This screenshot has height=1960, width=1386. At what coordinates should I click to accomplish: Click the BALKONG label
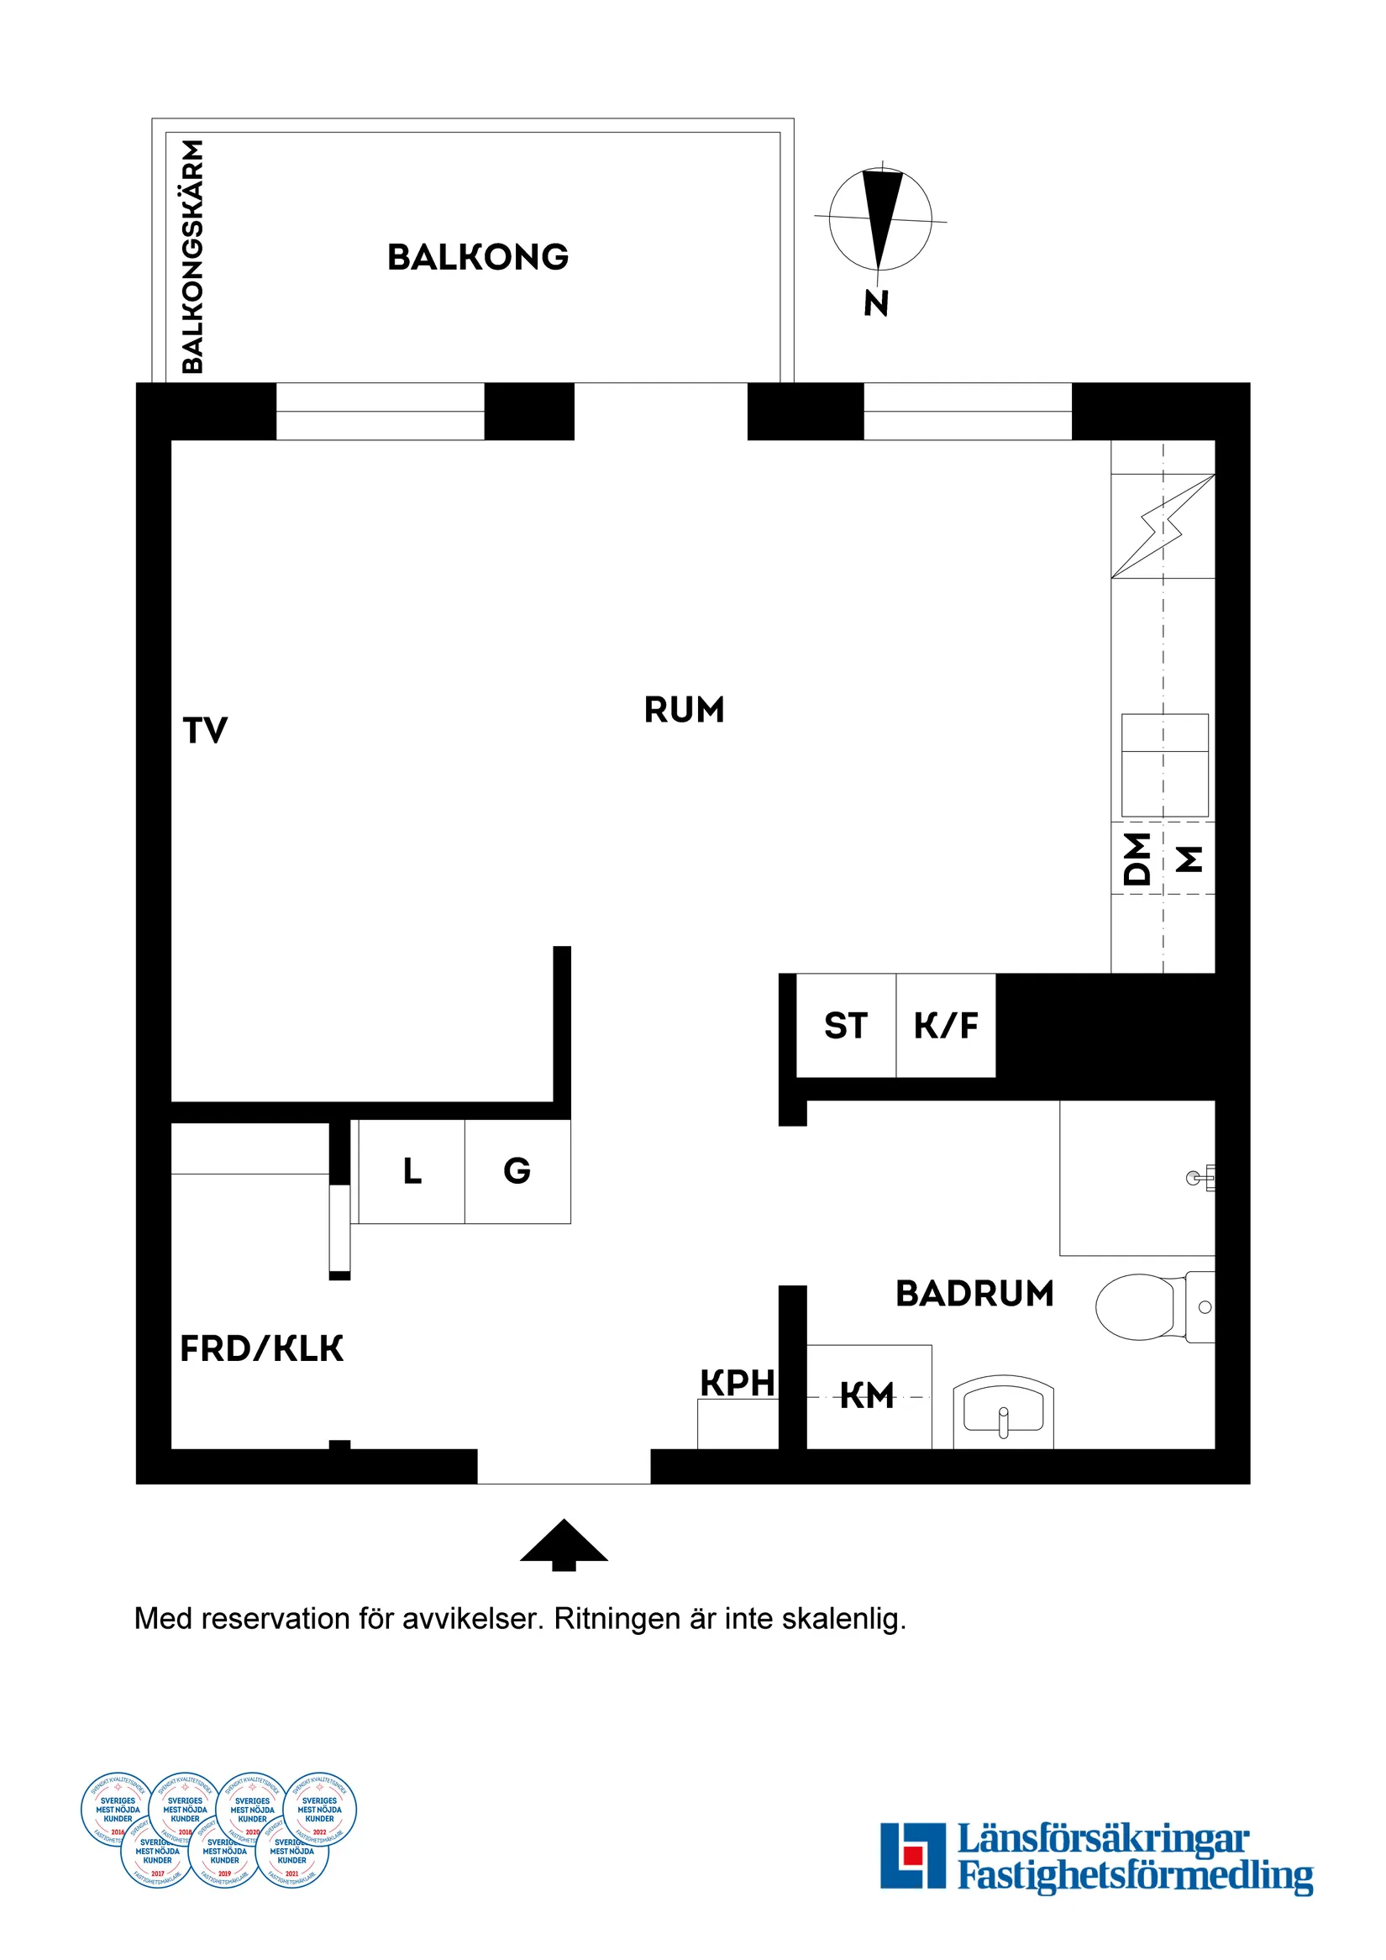478,257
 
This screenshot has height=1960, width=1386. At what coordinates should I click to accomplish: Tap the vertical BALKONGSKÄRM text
194,256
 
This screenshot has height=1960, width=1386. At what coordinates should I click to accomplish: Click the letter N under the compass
876,303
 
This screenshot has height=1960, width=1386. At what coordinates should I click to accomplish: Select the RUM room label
684,709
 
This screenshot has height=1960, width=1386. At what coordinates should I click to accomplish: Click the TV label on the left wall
205,731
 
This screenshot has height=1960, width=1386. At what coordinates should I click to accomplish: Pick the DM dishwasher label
1137,858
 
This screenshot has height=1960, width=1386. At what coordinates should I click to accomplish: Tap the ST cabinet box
846,1025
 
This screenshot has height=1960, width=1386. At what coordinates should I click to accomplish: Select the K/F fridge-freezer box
946,1025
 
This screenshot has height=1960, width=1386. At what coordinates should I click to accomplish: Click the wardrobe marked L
412,1171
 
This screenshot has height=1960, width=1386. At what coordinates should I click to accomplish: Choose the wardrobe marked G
517,1171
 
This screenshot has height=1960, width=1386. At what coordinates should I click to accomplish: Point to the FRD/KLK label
261,1348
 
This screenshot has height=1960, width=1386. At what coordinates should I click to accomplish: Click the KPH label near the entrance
738,1383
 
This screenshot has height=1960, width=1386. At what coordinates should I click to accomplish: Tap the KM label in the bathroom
867,1395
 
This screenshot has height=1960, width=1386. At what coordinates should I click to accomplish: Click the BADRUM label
974,1293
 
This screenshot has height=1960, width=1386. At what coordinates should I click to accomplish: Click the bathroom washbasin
1003,1410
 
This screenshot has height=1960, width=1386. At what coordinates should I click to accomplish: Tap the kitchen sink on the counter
1164,765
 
